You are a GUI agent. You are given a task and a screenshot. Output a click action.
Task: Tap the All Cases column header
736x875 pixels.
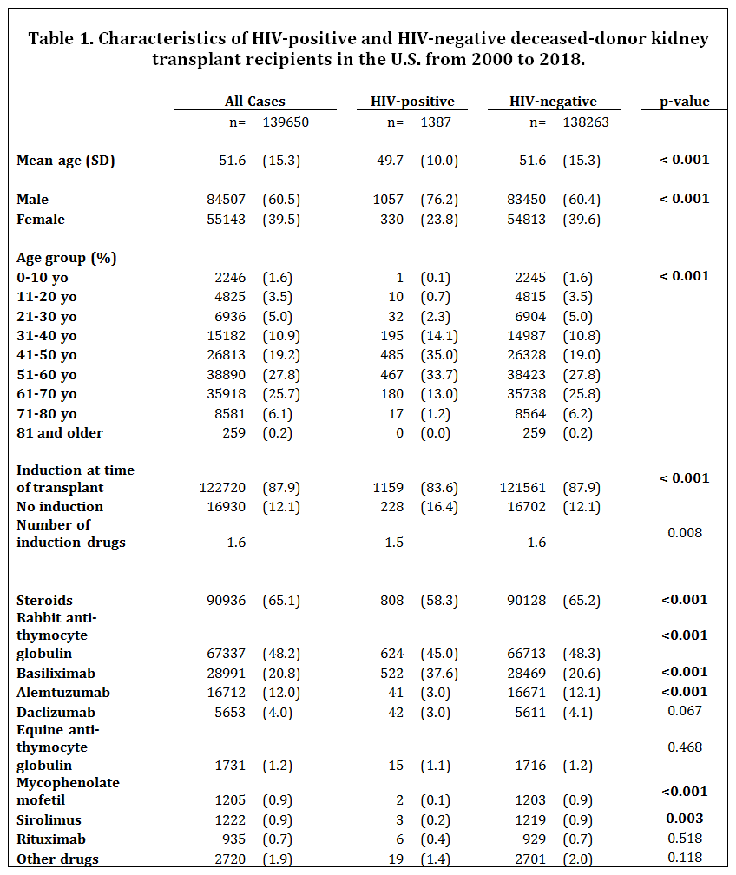(254, 102)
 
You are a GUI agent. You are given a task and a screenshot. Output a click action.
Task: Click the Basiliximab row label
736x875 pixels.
(56, 674)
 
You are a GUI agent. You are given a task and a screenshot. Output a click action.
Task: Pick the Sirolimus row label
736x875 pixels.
(48, 819)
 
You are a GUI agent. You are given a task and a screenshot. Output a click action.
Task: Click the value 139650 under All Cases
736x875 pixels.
(286, 122)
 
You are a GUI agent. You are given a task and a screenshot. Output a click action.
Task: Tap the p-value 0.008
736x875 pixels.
(685, 532)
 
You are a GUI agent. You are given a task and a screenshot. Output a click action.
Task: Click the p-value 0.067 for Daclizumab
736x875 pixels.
(685, 711)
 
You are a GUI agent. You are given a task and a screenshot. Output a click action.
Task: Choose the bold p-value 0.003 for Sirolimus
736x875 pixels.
(685, 819)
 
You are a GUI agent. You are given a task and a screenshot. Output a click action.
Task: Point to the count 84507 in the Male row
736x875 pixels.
(224, 200)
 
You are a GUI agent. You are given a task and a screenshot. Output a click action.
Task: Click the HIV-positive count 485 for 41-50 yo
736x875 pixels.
(392, 355)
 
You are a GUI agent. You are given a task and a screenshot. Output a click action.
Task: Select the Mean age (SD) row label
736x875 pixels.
(65, 161)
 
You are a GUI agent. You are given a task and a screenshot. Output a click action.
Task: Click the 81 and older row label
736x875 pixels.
(60, 433)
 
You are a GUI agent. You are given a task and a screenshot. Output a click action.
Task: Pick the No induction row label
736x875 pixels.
(59, 507)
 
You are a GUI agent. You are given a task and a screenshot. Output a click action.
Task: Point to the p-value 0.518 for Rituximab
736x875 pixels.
(685, 839)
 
